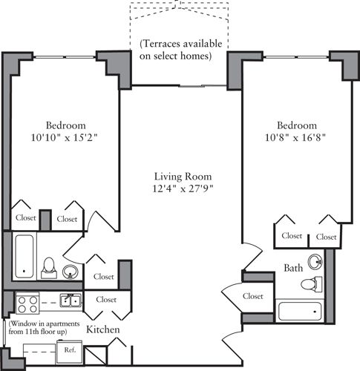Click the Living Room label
(183, 177)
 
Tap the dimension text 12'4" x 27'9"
(183, 189)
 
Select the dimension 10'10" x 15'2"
(65, 137)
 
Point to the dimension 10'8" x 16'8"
(297, 137)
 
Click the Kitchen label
(103, 329)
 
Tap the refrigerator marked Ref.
(71, 349)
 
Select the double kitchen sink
(71, 301)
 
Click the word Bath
(293, 267)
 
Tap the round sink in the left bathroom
(71, 271)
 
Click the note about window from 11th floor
(44, 329)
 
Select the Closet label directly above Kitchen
(106, 300)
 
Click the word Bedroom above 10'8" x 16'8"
(297, 125)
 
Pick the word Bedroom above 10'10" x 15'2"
(65, 125)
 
